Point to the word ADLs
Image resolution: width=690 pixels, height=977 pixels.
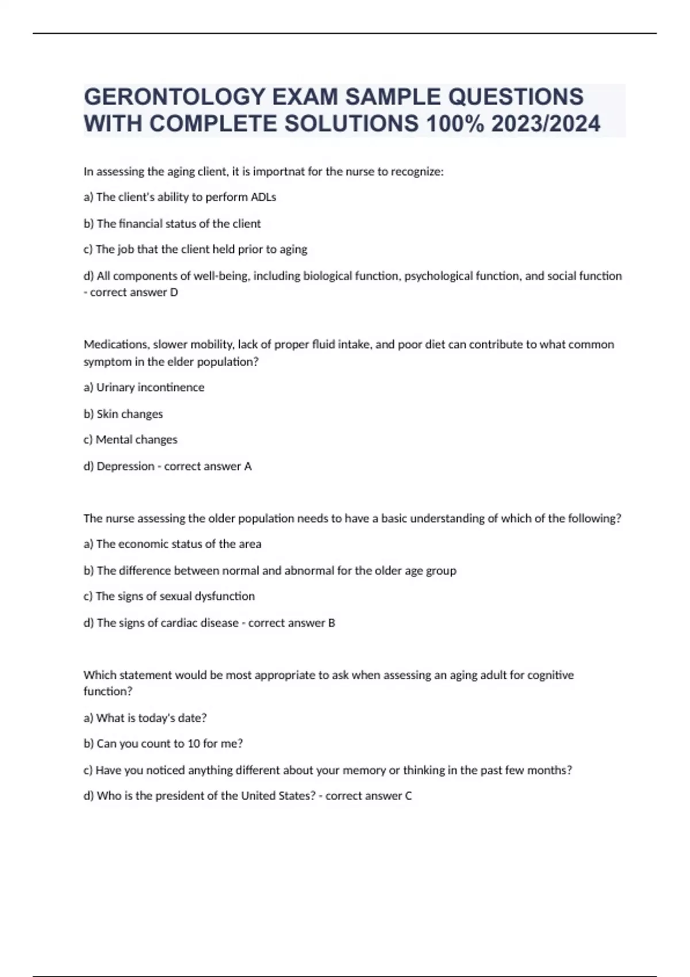pos(263,197)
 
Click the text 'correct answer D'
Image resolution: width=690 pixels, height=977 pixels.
pos(134,292)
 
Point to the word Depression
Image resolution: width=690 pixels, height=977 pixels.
pos(125,466)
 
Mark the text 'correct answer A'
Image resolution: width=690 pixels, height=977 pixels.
pos(208,466)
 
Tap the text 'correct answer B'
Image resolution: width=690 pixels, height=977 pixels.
pos(292,622)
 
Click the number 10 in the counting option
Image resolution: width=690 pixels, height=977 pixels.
pos(194,744)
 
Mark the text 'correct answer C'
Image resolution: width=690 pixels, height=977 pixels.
pos(369,796)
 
